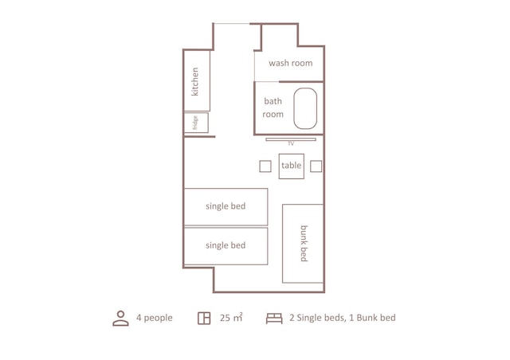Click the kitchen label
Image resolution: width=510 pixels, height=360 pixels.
[x=195, y=81]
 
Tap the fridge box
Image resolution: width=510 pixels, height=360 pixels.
[x=196, y=123]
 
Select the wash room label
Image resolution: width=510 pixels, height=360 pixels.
[x=290, y=63]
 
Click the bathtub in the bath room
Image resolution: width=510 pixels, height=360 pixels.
[x=305, y=108]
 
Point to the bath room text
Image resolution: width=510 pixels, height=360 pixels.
[x=273, y=108]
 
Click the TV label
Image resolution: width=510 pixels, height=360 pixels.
[x=291, y=143]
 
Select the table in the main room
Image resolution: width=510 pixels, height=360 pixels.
[x=291, y=166]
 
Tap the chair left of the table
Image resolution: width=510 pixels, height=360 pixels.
[x=265, y=166]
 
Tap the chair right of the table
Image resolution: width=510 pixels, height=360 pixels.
[x=316, y=166]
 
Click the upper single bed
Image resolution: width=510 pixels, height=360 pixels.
[x=226, y=206]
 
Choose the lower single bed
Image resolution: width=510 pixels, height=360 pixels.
[x=226, y=245]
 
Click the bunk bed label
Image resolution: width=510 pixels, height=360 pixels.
[x=304, y=243]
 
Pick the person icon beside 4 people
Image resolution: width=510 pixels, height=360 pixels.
[x=120, y=319]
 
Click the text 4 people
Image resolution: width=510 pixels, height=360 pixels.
[x=154, y=318]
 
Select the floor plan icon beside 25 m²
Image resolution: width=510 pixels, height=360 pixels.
[x=204, y=319]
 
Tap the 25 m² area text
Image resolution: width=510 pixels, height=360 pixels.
[x=231, y=318]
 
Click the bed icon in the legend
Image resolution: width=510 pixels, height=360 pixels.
[x=274, y=319]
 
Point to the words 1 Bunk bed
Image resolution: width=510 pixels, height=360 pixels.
[x=370, y=318]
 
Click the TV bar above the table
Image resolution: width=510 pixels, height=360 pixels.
[x=291, y=139]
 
